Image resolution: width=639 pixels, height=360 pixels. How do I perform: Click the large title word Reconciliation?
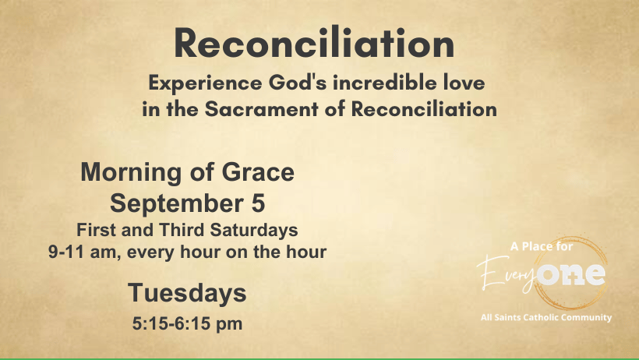point(314,42)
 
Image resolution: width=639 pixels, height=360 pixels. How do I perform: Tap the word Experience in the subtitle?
point(205,83)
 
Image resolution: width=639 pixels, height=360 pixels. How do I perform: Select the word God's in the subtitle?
point(298,83)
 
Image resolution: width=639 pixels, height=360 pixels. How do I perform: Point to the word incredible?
point(385,83)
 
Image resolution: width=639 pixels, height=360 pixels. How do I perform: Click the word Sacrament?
point(261,109)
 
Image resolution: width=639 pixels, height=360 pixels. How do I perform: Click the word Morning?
point(132,172)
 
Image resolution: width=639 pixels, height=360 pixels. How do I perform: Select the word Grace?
point(258,172)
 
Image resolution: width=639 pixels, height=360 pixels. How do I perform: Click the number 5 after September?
point(258,203)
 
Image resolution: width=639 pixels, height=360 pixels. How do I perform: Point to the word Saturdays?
point(254,231)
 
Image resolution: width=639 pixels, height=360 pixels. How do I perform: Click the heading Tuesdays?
point(188,293)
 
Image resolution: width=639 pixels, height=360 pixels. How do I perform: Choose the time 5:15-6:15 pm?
point(188,323)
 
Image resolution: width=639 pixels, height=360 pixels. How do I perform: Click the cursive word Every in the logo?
point(507,272)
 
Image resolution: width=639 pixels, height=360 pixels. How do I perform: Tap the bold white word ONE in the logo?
point(571,274)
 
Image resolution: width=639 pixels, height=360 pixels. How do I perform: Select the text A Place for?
point(542,247)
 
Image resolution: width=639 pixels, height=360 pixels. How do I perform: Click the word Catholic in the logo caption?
point(541,317)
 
